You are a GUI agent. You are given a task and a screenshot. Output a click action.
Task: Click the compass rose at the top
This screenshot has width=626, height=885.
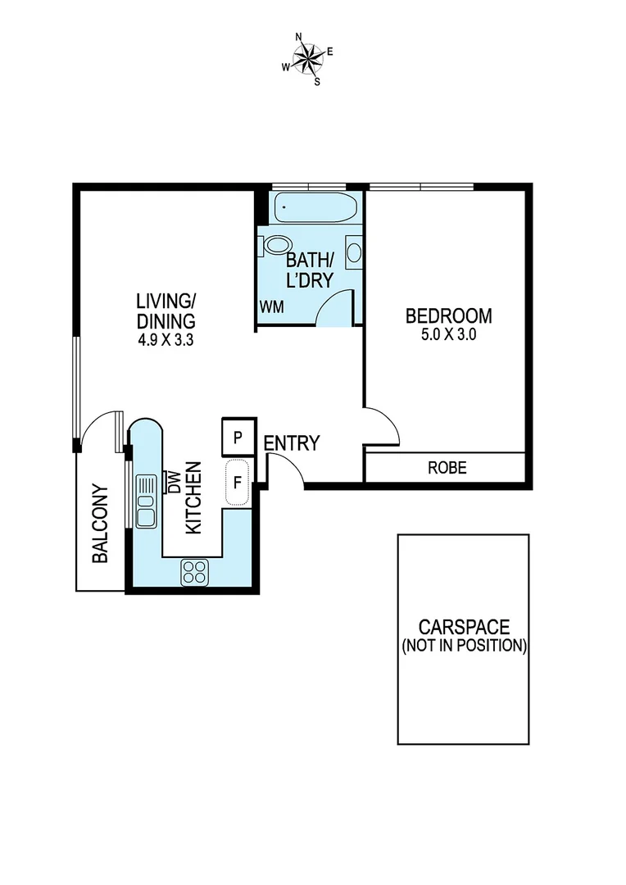pos(308,57)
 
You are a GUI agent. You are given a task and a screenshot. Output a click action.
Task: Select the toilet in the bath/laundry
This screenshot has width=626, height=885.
pos(275,245)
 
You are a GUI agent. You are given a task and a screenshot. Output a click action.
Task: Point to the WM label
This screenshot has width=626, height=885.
pos(271,306)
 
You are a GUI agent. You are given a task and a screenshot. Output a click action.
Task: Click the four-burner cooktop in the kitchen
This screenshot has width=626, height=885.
pos(195,571)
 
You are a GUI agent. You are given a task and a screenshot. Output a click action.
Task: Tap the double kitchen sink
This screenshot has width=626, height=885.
pos(147,501)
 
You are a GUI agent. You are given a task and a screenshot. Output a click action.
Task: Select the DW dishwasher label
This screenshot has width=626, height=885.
pos(173,482)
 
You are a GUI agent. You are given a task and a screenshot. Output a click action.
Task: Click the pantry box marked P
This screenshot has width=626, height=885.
pos(238,438)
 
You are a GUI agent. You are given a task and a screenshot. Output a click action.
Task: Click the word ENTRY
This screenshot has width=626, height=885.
pos(291,443)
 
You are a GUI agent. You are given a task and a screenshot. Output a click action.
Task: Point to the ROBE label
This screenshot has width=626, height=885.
pos(447,468)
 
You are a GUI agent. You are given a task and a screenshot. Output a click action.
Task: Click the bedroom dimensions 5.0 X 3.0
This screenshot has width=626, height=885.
pos(448,334)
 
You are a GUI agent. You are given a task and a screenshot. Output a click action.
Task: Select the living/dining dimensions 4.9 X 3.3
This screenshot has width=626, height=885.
pos(166,338)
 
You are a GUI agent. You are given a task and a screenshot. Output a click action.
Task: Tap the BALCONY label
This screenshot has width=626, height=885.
pos(100,535)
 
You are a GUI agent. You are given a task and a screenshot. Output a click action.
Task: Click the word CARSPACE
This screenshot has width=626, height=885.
pos(463,628)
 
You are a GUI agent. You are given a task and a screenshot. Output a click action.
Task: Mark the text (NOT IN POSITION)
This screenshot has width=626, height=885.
pos(463,646)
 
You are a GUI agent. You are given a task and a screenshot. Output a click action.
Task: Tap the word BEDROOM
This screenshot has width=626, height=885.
pos(448,315)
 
